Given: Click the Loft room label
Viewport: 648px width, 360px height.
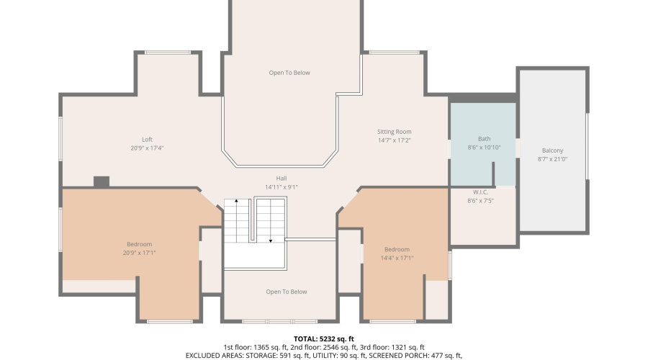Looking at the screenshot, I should (x=147, y=140).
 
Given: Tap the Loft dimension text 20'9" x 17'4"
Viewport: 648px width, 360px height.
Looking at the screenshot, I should (x=147, y=148).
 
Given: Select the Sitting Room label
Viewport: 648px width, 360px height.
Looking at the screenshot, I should (x=394, y=132).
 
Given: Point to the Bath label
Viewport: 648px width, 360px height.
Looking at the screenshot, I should (x=483, y=139).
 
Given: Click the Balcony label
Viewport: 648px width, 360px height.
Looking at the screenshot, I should (x=552, y=150).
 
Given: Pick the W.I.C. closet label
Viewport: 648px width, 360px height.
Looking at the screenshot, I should (x=480, y=192).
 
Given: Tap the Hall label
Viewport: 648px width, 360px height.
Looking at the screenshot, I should (x=281, y=179).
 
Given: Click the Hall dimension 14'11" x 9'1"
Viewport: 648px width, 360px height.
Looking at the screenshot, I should (x=281, y=187).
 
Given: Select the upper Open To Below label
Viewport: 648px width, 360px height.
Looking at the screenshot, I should (x=289, y=73).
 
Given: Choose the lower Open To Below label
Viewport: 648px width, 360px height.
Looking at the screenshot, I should (x=287, y=292).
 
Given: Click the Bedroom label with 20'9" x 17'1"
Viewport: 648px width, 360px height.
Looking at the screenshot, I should (x=140, y=244).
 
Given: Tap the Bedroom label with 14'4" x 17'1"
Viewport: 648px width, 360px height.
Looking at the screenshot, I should (x=397, y=249).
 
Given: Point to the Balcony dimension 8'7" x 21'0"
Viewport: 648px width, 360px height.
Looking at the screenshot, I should (x=552, y=159).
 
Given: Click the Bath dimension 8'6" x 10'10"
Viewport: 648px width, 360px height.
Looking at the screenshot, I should (x=483, y=148).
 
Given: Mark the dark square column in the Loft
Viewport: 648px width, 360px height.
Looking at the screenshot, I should (x=102, y=181).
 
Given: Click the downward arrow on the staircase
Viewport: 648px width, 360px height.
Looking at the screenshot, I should (x=271, y=240).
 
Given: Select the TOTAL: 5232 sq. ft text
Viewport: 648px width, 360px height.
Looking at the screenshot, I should (x=324, y=338).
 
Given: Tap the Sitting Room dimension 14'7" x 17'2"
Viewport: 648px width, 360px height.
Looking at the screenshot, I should (x=394, y=140).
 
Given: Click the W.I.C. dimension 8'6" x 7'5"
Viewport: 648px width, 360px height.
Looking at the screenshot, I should (x=480, y=201).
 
